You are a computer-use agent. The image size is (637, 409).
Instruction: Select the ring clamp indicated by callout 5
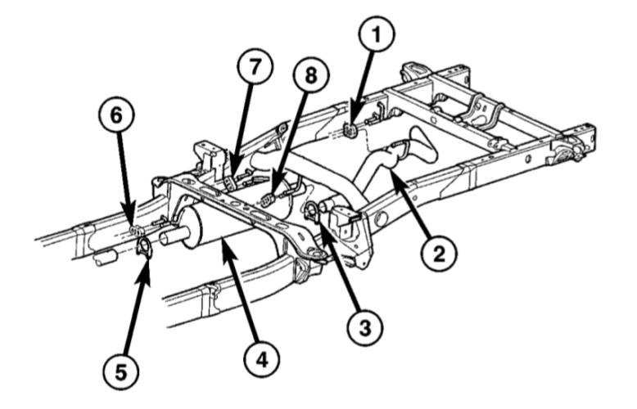[x=142, y=246]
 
